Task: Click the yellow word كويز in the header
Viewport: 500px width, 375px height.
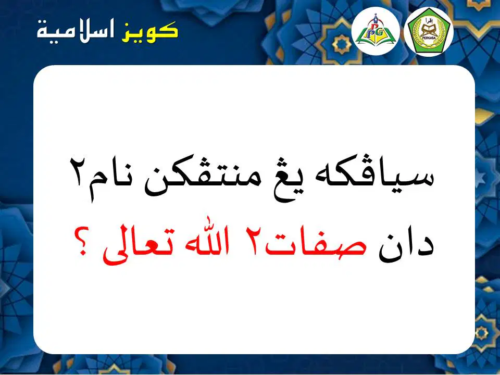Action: click(149, 31)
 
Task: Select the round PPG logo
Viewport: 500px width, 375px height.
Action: click(376, 31)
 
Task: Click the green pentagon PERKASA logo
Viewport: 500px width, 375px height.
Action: click(428, 31)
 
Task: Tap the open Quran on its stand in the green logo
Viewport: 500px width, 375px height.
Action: click(428, 30)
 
